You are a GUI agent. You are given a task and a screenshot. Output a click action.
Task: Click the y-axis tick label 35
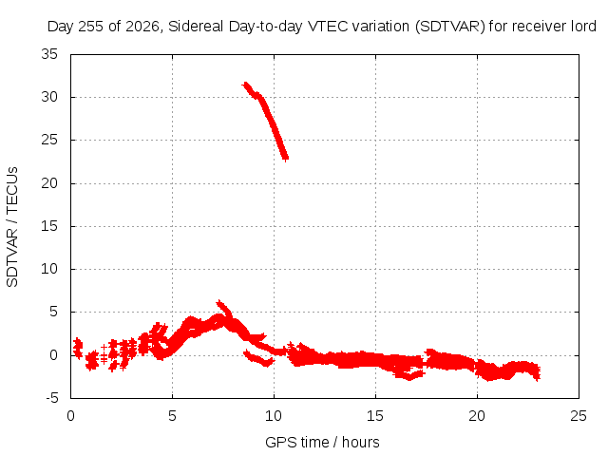49,54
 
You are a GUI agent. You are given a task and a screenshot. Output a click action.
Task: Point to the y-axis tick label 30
49,97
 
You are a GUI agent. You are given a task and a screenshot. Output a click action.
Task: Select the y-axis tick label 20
49,183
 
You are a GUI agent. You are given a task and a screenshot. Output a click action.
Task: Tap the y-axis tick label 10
49,269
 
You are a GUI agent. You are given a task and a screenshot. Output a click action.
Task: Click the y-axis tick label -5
51,398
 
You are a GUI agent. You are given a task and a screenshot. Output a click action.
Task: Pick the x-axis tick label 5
172,416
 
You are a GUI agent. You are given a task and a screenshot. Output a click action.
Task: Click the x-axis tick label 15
375,416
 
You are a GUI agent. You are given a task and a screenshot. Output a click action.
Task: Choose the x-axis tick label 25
579,416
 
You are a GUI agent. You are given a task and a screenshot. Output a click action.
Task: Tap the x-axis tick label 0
70,416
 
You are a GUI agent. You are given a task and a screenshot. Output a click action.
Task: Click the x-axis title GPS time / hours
322,443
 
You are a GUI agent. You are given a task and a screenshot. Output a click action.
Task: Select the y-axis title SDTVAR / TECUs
12,227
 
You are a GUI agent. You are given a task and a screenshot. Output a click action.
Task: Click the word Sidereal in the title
196,27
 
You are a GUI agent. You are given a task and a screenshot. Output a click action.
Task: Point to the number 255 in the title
91,27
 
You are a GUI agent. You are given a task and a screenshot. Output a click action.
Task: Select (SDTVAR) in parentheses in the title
449,27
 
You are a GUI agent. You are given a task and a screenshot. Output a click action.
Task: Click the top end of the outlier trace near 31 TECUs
245,85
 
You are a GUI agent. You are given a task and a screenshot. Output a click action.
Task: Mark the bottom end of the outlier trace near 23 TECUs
286,158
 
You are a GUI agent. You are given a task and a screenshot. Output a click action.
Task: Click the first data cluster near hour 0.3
78,348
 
